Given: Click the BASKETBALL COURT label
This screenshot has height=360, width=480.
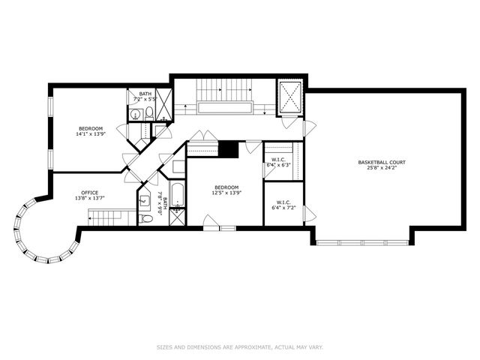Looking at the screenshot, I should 381,162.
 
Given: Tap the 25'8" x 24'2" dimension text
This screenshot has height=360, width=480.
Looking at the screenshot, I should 381,168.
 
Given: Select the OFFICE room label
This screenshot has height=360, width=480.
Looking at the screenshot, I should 89,192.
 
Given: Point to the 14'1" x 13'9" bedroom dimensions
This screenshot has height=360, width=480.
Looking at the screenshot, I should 91,135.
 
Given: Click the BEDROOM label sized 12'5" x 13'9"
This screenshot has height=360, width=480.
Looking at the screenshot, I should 226,187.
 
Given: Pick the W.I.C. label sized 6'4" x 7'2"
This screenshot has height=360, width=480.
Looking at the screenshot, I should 283,202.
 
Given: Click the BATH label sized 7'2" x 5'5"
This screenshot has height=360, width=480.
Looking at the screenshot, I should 144,94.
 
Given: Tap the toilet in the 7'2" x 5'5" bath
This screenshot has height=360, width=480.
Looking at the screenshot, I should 149,113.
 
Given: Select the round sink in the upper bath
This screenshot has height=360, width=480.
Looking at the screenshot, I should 135,114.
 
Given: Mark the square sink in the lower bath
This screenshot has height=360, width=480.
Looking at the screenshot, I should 145,202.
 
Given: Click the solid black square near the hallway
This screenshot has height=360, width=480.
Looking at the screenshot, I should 229,149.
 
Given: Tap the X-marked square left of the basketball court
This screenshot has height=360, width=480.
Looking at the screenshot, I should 289,96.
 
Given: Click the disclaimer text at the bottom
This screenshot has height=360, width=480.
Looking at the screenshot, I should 239,346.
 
